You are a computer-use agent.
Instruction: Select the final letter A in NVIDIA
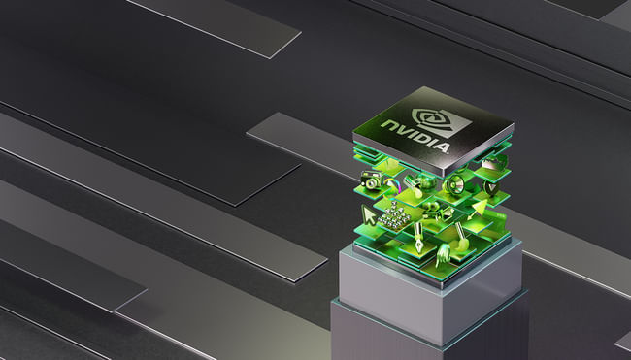point(442,147)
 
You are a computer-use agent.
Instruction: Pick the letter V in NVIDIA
point(403,130)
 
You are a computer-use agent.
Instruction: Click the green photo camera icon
point(371,180)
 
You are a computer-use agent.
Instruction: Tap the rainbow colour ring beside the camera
point(392,185)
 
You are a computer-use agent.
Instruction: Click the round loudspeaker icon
point(455,185)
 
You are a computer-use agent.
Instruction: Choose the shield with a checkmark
point(490,187)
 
